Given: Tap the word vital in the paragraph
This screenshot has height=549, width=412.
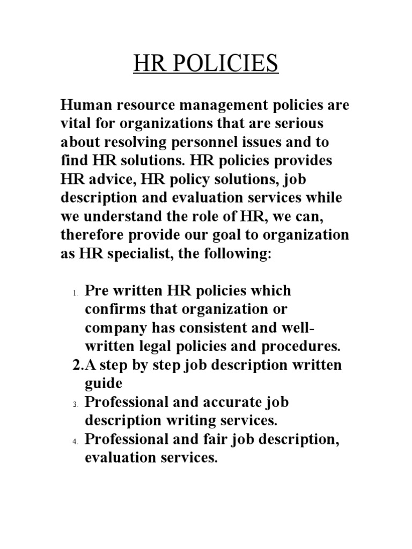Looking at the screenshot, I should [x=74, y=123].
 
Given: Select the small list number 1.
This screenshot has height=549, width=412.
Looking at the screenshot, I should [x=75, y=293].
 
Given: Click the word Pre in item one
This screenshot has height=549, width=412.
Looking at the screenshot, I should [x=98, y=291].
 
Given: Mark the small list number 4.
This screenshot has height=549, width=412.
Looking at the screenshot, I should [x=75, y=441].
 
